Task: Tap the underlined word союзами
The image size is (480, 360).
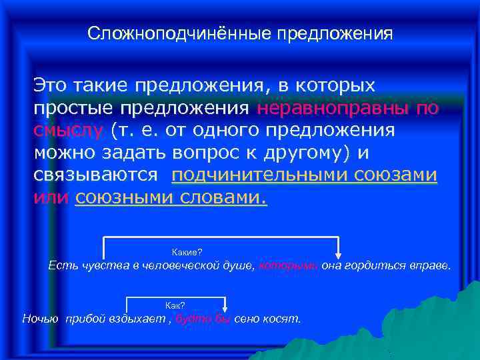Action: (400, 175)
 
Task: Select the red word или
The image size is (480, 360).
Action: (51, 197)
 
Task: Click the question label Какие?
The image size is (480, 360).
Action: (187, 251)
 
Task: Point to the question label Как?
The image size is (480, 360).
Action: (175, 305)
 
